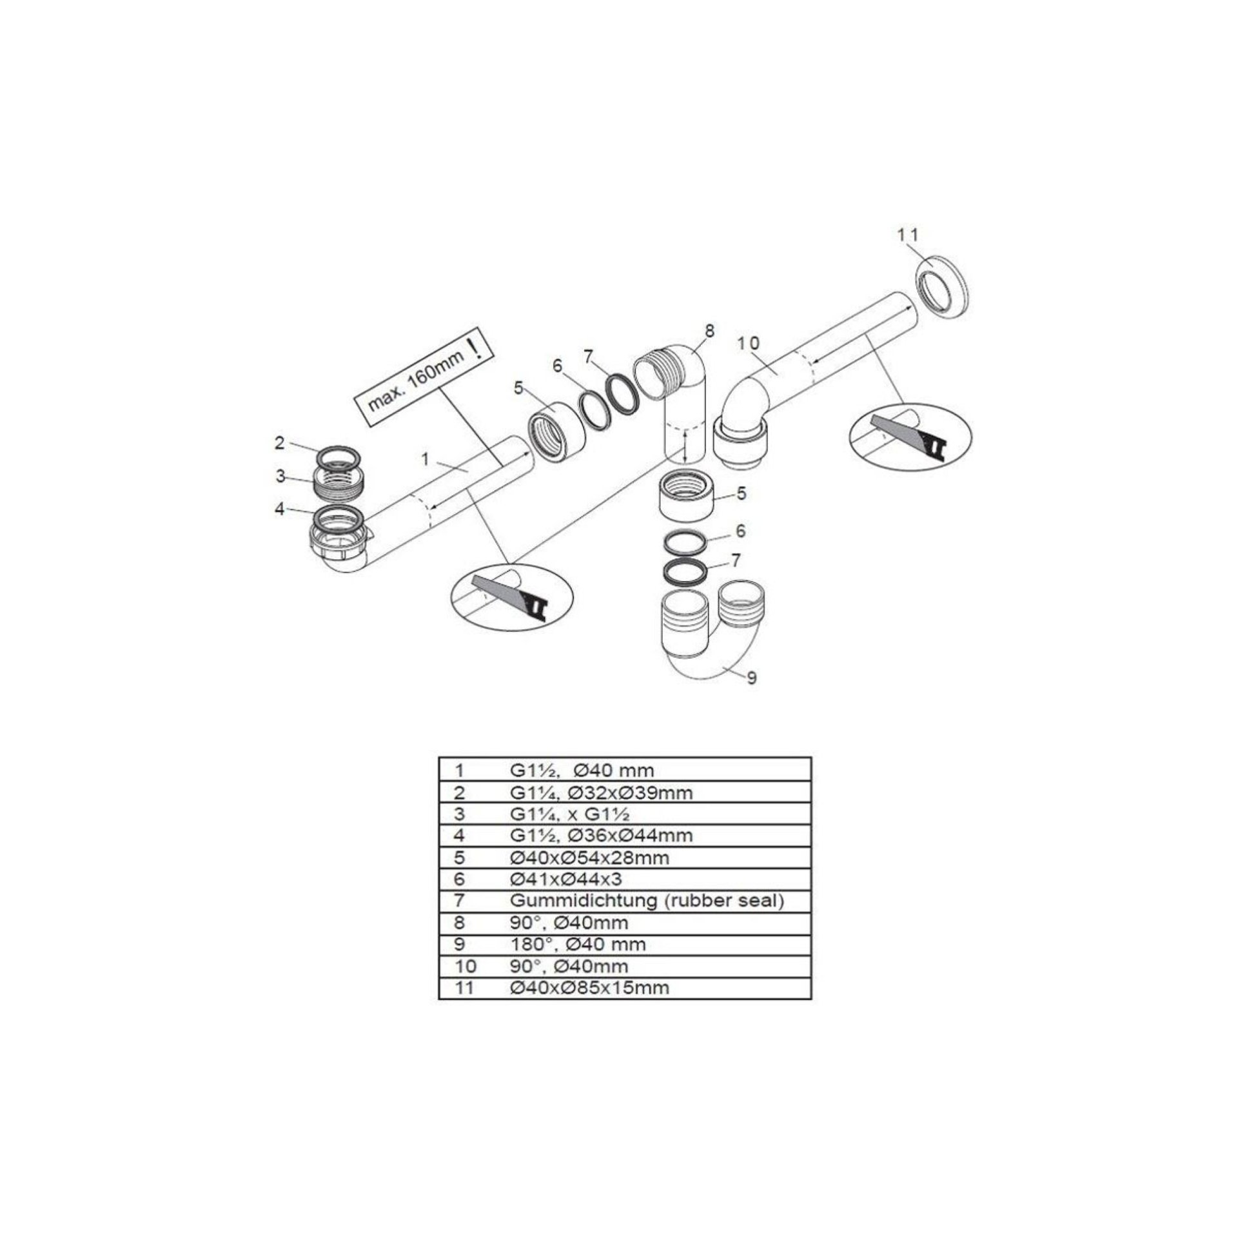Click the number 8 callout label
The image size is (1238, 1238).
[x=709, y=331]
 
